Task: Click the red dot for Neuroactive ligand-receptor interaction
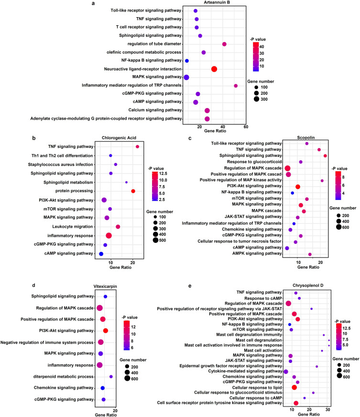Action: point(214,69)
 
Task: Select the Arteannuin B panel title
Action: point(217,2)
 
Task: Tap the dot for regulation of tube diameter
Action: point(224,44)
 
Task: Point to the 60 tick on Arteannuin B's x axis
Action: point(246,127)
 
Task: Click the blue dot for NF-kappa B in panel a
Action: point(187,61)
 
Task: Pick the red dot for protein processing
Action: point(133,191)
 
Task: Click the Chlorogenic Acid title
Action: point(119,138)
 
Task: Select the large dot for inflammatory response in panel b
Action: point(109,236)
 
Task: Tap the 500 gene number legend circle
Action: point(155,241)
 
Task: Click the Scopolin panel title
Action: point(306,138)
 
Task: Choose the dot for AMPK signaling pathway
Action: point(310,254)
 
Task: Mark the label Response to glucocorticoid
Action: point(254,162)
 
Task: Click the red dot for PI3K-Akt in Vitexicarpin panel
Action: point(106,330)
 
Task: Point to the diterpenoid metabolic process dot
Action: point(111,376)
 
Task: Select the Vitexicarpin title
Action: point(105,286)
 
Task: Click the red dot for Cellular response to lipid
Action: point(294,387)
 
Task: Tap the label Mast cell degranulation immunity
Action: point(249,335)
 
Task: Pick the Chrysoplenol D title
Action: point(308,285)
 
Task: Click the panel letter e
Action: point(190,286)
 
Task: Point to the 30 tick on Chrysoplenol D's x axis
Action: point(328,409)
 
